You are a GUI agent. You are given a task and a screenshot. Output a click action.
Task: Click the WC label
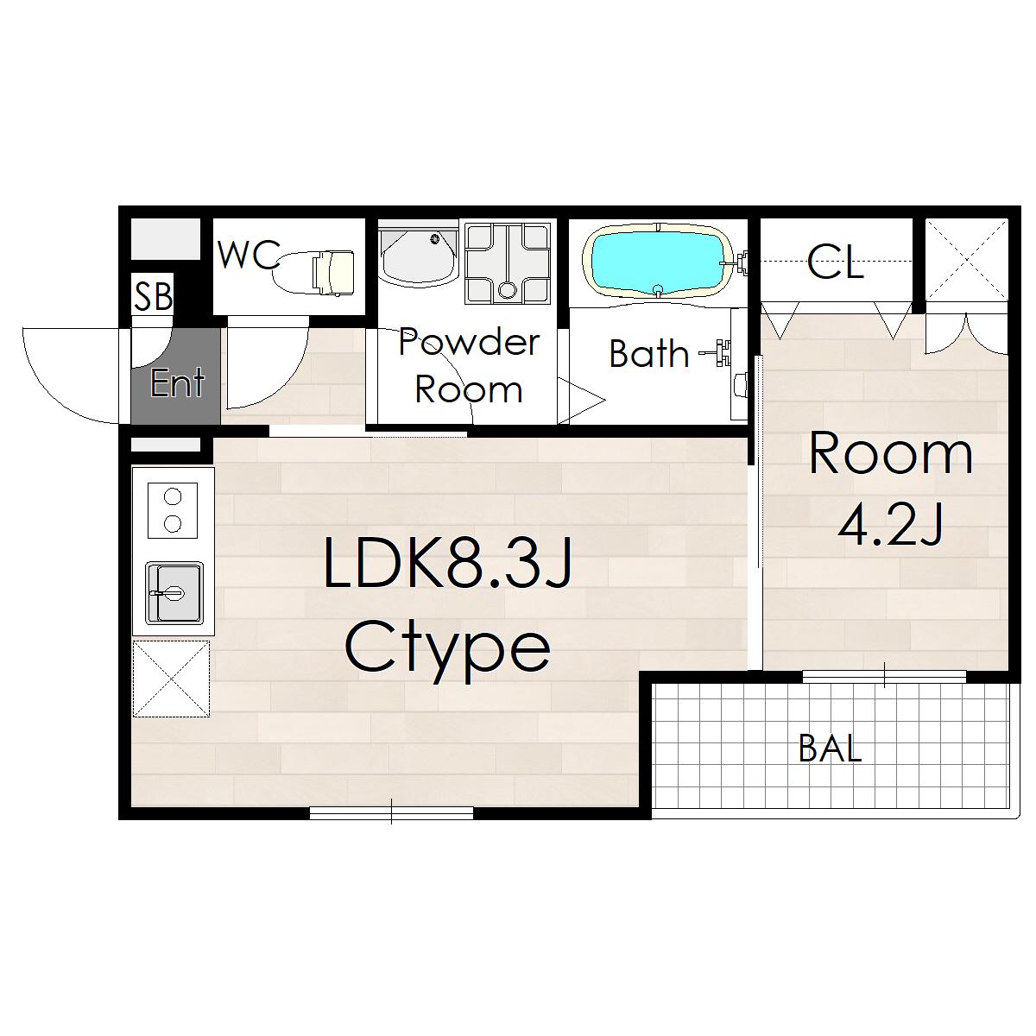click(x=249, y=255)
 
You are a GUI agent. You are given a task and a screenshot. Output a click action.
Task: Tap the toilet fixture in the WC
click(x=313, y=272)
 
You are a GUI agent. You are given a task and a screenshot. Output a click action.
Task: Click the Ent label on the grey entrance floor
click(x=177, y=382)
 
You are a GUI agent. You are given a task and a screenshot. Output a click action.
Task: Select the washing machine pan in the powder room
click(x=507, y=263)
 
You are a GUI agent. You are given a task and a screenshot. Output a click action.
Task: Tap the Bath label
click(x=649, y=353)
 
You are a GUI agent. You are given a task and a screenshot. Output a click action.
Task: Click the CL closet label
click(x=835, y=262)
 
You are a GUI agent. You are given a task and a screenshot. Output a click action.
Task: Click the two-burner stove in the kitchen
click(x=173, y=509)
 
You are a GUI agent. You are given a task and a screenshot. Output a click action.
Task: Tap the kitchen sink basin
click(x=174, y=592)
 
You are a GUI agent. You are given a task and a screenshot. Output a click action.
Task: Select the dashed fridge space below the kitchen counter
click(x=171, y=679)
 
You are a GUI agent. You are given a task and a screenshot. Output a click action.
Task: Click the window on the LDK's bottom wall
click(x=391, y=812)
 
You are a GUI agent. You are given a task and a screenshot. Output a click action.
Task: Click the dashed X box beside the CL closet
click(x=966, y=260)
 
